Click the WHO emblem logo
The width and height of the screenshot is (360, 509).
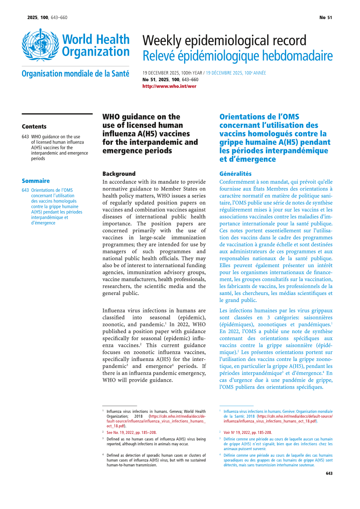40,45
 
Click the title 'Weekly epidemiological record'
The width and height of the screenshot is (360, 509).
224,41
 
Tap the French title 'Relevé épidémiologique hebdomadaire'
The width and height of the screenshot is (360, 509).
237,56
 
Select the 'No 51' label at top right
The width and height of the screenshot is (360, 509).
326,17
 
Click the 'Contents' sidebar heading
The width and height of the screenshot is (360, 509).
34,127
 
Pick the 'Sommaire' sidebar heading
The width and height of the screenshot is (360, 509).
36,181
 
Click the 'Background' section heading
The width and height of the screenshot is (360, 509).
119,174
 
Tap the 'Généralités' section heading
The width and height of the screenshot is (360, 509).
235,174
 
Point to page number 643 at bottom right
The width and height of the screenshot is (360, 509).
329,473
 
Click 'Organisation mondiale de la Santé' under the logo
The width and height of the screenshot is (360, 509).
75,74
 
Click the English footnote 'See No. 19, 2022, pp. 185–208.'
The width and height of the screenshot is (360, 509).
131,432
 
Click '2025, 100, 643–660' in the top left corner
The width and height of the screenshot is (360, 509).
47,17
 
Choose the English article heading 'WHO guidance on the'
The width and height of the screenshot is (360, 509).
141,117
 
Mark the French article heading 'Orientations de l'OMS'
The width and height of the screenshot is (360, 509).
259,117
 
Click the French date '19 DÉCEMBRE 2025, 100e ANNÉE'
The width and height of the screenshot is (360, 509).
236,73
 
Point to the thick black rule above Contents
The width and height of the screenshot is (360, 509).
57,114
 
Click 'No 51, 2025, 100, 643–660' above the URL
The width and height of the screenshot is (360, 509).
170,80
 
